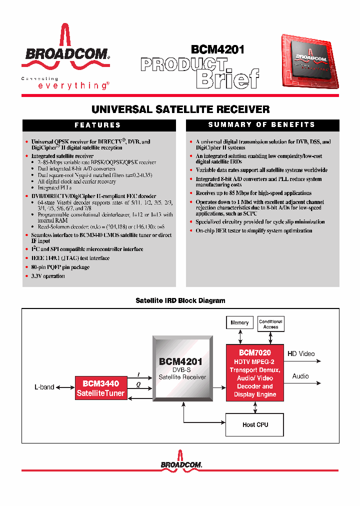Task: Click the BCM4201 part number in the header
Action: pyautogui.click(x=217, y=49)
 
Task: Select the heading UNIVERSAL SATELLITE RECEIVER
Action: pyautogui.click(x=180, y=109)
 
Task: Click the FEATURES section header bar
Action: pyautogui.click(x=98, y=125)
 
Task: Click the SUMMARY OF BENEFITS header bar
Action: pyautogui.click(x=261, y=124)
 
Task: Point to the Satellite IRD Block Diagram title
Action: pyautogui.click(x=180, y=300)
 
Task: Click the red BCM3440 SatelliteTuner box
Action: pyautogui.click(x=100, y=388)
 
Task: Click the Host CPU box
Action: pyautogui.click(x=255, y=424)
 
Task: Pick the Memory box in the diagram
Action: pyautogui.click(x=239, y=323)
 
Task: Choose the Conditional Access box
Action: pyautogui.click(x=270, y=324)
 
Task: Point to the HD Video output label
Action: pyautogui.click(x=301, y=354)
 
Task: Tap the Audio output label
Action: pyautogui.click(x=300, y=376)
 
